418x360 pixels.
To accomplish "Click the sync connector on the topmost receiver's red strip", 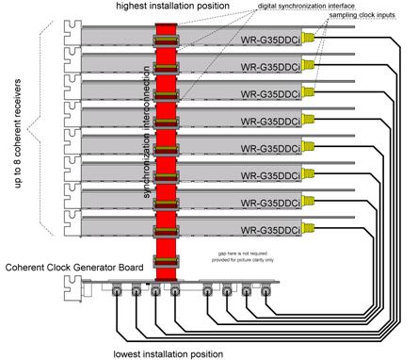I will [164, 41].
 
